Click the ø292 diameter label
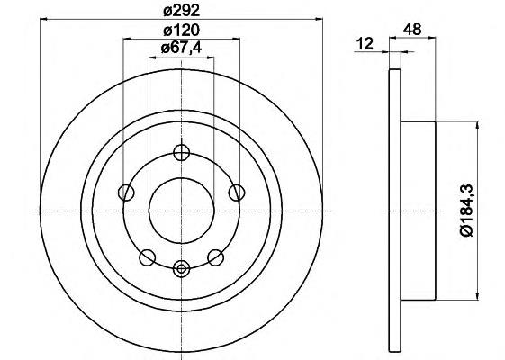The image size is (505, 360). (x=181, y=11)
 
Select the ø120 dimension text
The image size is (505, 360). (x=181, y=31)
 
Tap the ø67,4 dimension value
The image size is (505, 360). (x=181, y=49)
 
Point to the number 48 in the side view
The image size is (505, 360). (x=412, y=30)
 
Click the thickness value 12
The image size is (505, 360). (x=365, y=43)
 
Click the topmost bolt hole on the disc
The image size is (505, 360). (x=181, y=153)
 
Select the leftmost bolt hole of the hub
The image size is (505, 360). (x=126, y=193)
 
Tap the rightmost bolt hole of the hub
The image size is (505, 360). (x=237, y=193)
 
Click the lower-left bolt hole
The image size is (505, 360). (x=148, y=257)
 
